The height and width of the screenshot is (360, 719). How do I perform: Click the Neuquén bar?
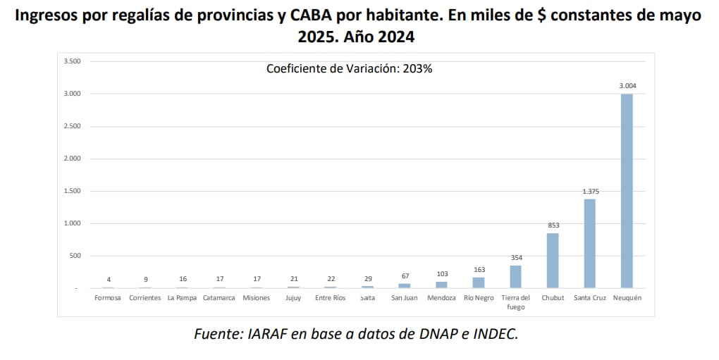point(626,191)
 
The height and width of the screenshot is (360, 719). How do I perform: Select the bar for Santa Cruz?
point(589,243)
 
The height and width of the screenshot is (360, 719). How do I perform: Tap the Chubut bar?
point(553,260)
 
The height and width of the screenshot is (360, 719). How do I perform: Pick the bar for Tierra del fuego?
point(515,276)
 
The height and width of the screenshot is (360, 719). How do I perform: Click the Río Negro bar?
point(479,283)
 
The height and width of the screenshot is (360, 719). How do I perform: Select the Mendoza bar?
point(441,285)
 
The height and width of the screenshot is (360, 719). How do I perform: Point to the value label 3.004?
point(627,86)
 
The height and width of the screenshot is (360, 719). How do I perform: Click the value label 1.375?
point(589,191)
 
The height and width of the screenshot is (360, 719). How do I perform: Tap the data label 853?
point(553,225)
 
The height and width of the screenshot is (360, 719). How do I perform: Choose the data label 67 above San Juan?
point(404,276)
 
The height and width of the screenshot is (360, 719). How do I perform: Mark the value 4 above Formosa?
point(108,279)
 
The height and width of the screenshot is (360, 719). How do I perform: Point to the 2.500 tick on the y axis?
point(72,126)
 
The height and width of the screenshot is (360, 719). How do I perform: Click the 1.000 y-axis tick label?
point(72,223)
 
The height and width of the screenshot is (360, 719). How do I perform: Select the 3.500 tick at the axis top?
point(72,61)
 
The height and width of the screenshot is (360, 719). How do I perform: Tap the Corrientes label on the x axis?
point(145,298)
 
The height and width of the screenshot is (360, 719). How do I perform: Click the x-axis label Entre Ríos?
point(330,298)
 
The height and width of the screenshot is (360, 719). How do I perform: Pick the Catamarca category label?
point(219,298)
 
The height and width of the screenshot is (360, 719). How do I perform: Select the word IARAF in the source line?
point(268,334)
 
